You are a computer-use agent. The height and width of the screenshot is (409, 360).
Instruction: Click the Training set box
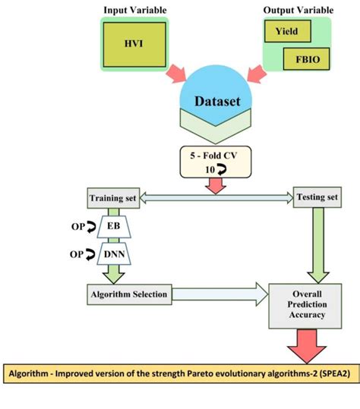click(112, 199)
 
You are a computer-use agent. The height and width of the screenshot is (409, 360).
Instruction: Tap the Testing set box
click(311, 199)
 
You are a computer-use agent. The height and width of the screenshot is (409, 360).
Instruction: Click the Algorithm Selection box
click(128, 293)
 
